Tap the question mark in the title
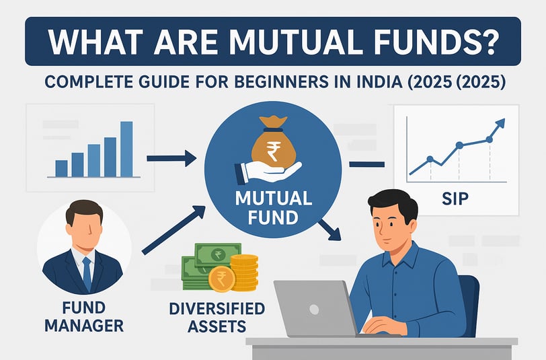[x=490, y=41]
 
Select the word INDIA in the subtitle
[x=377, y=82]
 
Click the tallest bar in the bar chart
[x=126, y=149]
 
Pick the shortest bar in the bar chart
[x=62, y=169]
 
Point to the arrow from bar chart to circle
[x=171, y=159]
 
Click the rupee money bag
[x=274, y=142]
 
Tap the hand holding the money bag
[x=268, y=172]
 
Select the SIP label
[x=455, y=199]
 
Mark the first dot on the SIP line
[x=430, y=159]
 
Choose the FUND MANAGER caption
[x=84, y=317]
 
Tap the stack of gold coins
[x=244, y=273]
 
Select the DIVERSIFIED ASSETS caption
[x=217, y=318]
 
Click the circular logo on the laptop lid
[x=314, y=310]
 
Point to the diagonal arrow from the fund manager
[x=173, y=230]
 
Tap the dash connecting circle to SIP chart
[x=366, y=164]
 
